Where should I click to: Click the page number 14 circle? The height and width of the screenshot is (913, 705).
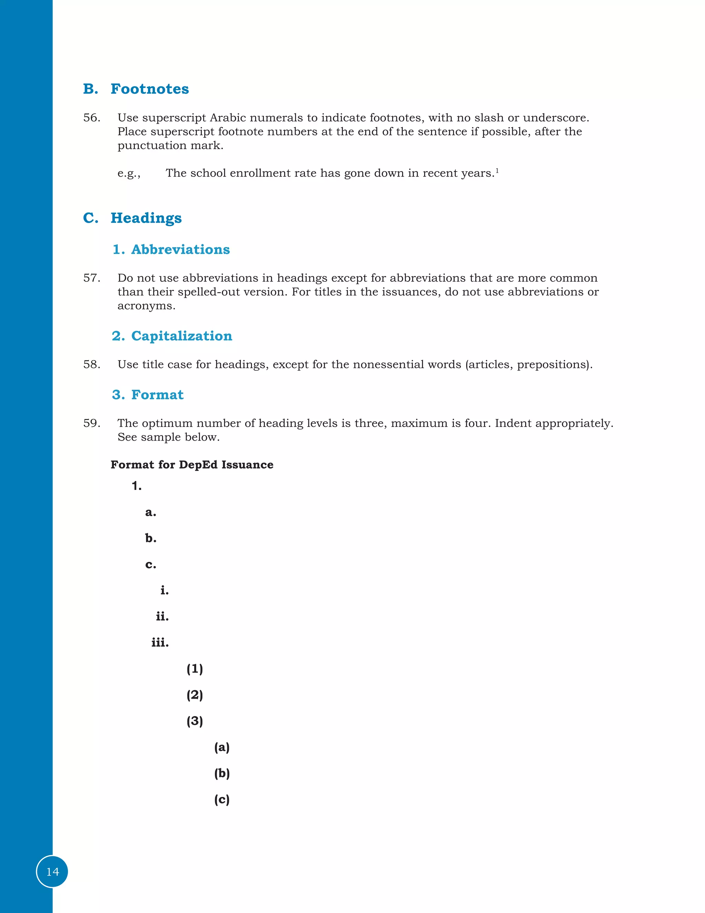52,872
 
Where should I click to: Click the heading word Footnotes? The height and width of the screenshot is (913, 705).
149,89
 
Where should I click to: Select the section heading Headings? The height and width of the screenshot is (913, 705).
146,218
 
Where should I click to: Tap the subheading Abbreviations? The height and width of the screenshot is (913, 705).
180,249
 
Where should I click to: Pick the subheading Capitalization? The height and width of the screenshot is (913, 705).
181,336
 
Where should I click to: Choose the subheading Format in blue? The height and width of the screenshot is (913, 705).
157,395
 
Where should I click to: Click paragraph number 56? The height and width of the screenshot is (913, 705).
92,118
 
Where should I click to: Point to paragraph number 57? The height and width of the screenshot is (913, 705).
92,278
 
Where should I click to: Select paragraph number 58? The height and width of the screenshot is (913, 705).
92,365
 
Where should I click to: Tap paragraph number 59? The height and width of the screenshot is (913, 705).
92,423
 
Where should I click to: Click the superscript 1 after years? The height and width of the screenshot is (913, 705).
497,170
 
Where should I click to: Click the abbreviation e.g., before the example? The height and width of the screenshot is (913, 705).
129,174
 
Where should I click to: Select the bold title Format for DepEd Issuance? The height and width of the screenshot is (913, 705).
192,465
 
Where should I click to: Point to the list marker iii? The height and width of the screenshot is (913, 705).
160,643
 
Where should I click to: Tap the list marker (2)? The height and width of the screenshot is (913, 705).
194,695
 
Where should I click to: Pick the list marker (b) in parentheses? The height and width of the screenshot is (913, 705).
222,773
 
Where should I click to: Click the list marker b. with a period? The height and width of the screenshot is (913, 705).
151,538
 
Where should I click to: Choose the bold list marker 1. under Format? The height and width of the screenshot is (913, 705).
137,486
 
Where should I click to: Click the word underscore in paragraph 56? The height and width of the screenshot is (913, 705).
556,118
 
